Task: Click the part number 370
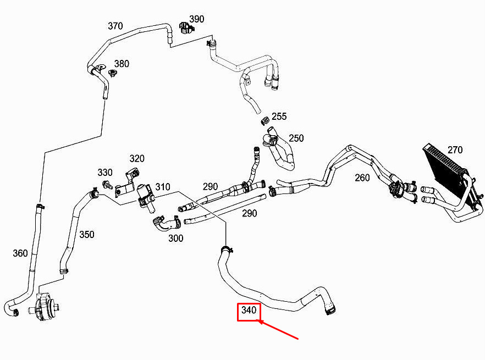click(x=115, y=26)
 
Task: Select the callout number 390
click(x=197, y=19)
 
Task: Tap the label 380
click(x=122, y=64)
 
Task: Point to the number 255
click(x=279, y=117)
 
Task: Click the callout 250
click(x=296, y=138)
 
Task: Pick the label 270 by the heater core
click(x=455, y=150)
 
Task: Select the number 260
click(x=362, y=178)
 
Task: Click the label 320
click(x=137, y=159)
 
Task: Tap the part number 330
click(x=105, y=172)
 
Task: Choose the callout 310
click(x=163, y=187)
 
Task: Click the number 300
click(x=176, y=238)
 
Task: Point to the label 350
click(x=87, y=235)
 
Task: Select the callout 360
click(x=20, y=253)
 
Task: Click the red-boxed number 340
click(x=249, y=310)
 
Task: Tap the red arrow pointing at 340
click(x=278, y=330)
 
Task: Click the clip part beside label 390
click(x=186, y=27)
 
